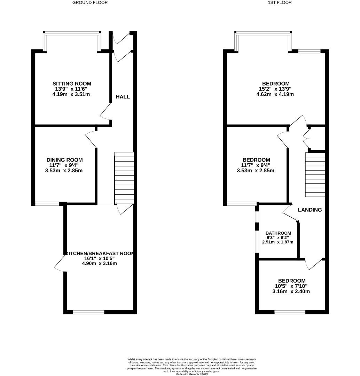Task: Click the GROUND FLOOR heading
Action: pyautogui.click(x=90, y=2)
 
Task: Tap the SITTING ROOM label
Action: pyautogui.click(x=72, y=84)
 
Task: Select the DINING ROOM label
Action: pyautogui.click(x=65, y=160)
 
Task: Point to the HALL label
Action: pyautogui.click(x=123, y=96)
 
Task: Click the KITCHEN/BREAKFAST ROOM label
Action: pyautogui.click(x=100, y=253)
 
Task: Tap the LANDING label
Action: pyautogui.click(x=310, y=210)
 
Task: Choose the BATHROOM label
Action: pyautogui.click(x=278, y=233)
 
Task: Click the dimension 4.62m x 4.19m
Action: pyautogui.click(x=276, y=94)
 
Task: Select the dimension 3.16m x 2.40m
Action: pyautogui.click(x=291, y=291)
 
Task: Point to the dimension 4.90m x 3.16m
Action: pyautogui.click(x=99, y=263)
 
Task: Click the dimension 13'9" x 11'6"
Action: pyautogui.click(x=72, y=89)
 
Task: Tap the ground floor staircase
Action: pyautogui.click(x=124, y=178)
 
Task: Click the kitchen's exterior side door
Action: pyautogui.click(x=60, y=263)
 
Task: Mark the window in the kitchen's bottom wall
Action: pyautogui.click(x=88, y=312)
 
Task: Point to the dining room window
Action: pyautogui.click(x=47, y=204)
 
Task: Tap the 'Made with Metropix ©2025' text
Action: pyautogui.click(x=192, y=374)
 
